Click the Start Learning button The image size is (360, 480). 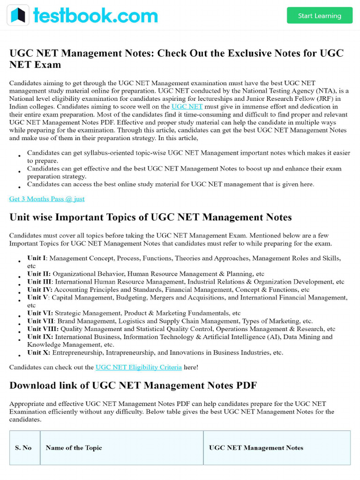click(x=319, y=15)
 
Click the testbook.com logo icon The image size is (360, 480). click(x=18, y=15)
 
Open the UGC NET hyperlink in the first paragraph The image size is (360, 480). click(x=187, y=106)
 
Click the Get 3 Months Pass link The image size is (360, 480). click(x=47, y=199)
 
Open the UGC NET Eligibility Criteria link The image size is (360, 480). click(x=138, y=367)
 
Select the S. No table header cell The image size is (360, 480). click(x=23, y=448)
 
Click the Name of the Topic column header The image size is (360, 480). click(x=74, y=448)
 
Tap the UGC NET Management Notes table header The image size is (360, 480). click(x=256, y=448)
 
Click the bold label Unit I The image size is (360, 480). click(x=37, y=258)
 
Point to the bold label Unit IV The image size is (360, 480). click(x=39, y=290)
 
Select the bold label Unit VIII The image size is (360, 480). click(x=43, y=329)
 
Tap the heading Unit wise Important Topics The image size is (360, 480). click(x=150, y=217)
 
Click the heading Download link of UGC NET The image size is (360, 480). click(x=133, y=385)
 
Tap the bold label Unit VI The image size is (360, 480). click(x=40, y=313)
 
